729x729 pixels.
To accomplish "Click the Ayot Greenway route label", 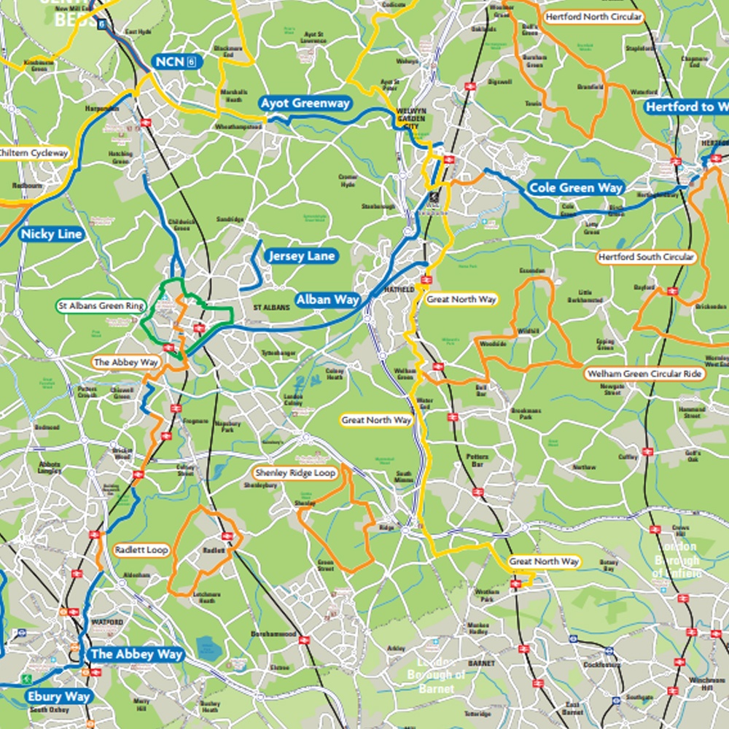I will (x=305, y=104).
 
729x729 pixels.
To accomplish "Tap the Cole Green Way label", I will (x=576, y=188).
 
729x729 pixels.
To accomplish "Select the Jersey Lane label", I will (x=301, y=256).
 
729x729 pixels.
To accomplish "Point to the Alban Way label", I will (x=327, y=300).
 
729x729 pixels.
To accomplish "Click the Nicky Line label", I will (x=51, y=235).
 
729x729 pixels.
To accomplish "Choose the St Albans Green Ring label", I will (x=101, y=305).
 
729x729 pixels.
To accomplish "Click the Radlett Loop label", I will (x=141, y=550).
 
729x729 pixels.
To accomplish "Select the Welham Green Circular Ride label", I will (x=644, y=374).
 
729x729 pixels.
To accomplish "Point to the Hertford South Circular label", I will (x=646, y=257).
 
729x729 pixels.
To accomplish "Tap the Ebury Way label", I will (x=58, y=696).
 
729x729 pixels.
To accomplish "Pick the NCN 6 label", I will (x=175, y=62).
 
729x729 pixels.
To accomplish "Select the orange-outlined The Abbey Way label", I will (x=125, y=362).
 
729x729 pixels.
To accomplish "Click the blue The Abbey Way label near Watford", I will (x=136, y=654).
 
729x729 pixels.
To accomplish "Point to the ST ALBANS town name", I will (x=271, y=308).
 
